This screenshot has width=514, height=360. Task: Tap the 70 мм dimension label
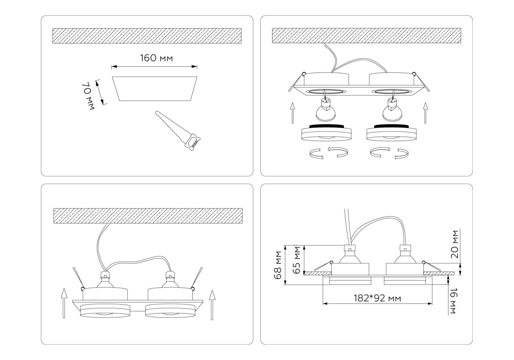(88, 96)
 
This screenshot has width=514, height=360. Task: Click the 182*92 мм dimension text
(377, 298)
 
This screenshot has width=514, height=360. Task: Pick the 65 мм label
(297, 260)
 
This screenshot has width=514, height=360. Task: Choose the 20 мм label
(455, 244)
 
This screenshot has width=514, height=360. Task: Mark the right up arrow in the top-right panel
(425, 113)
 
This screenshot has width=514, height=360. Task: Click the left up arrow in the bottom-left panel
(64, 304)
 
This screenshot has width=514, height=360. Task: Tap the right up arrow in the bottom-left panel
(212, 305)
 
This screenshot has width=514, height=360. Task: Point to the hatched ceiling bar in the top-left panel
(147, 35)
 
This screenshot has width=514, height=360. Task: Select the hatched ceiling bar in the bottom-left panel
(148, 216)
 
